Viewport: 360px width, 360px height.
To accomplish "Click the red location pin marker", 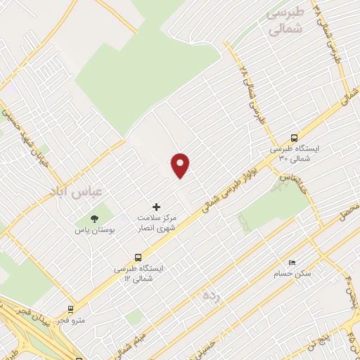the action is [x=181, y=165].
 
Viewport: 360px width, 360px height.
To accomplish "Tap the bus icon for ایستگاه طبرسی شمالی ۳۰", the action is [x=294, y=138].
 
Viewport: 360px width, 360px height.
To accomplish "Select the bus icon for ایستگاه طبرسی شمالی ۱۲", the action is [x=138, y=257].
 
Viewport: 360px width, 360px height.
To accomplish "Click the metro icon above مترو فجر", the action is [x=70, y=309].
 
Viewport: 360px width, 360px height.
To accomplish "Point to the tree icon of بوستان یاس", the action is [x=94, y=218].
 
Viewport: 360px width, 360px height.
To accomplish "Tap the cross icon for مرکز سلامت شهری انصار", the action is [x=156, y=207].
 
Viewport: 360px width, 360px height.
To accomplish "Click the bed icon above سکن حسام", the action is [x=292, y=262].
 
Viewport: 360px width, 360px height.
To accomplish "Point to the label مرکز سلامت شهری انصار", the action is [x=157, y=224].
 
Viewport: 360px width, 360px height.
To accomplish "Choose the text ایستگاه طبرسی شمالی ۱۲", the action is [x=138, y=274].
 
